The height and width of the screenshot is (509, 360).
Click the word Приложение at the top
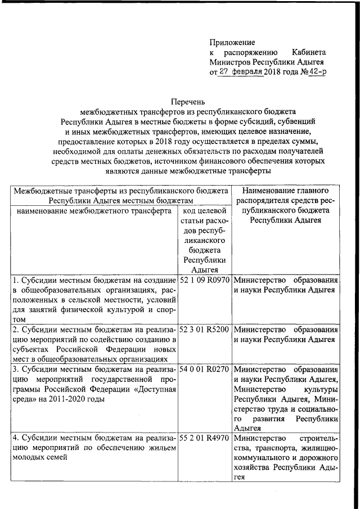coord(232,42)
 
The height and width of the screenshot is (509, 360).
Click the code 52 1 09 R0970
coord(204,280)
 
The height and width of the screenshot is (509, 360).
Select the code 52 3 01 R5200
coord(204,329)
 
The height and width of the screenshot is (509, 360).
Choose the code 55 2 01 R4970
coord(204,437)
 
